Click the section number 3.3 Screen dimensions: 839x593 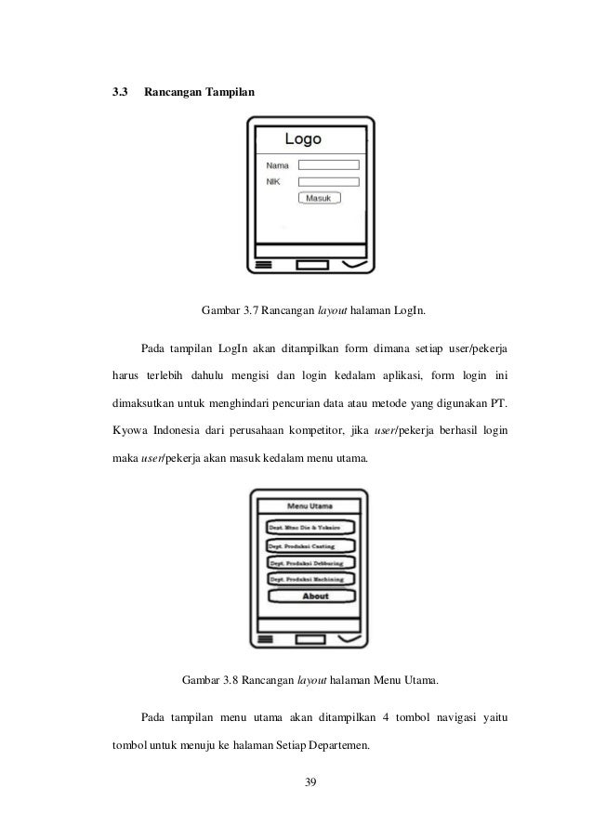[x=119, y=94]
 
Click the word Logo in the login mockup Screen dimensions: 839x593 [x=303, y=140]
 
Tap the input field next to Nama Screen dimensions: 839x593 [x=328, y=165]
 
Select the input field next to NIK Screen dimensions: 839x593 [x=328, y=182]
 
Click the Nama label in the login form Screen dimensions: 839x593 [x=277, y=165]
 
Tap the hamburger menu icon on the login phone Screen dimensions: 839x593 [x=263, y=266]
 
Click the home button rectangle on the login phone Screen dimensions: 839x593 [x=311, y=266]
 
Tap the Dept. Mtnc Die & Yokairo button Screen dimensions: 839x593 [x=310, y=527]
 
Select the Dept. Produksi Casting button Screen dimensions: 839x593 [x=310, y=545]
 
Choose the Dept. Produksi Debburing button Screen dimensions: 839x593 [x=310, y=562]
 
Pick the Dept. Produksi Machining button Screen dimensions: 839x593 [x=310, y=579]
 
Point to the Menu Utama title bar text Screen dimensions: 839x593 [x=310, y=506]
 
